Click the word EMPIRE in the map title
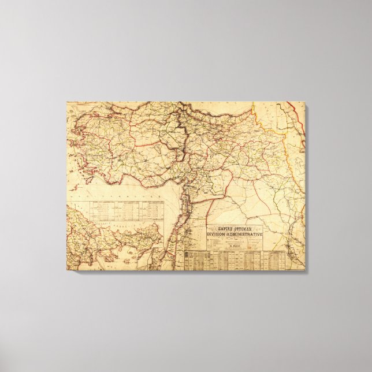coord(222,228)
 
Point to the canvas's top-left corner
coord(67,103)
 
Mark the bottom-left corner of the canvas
coord(67,270)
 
